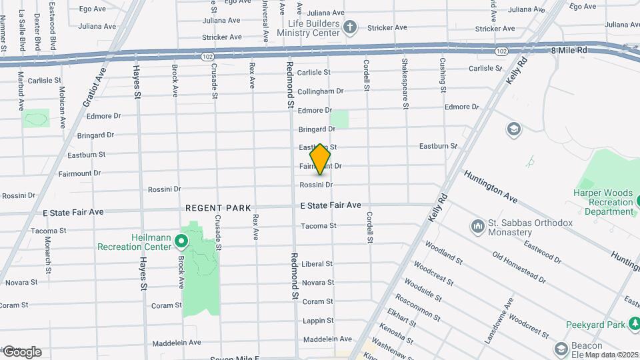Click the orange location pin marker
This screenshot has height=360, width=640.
321,159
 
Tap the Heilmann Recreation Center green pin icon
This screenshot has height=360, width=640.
181,239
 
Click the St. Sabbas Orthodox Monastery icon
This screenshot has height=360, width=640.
477,227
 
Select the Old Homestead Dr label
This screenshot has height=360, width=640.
518,266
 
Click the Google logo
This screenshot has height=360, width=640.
22,352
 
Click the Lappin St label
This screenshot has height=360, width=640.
317,321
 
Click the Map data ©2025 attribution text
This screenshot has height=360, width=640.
611,355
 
